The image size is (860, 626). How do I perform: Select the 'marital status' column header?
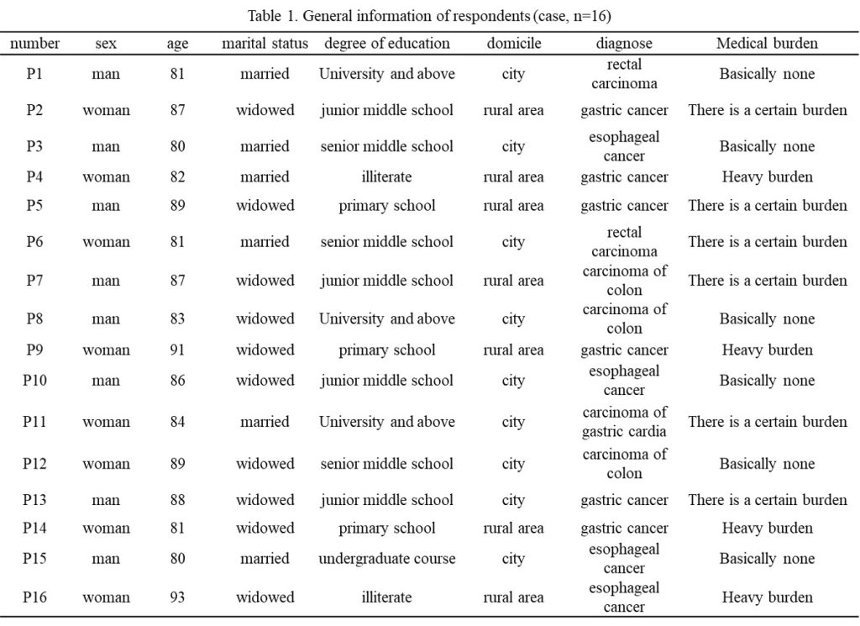point(265,44)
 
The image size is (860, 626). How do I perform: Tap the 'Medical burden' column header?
point(767,44)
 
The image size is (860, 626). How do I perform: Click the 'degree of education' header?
point(386,44)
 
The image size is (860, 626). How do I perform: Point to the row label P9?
point(34,350)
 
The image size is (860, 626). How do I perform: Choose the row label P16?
point(34,597)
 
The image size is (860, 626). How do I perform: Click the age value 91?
point(177,350)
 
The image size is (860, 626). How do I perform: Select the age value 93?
point(177,597)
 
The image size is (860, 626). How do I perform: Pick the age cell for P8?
point(177,318)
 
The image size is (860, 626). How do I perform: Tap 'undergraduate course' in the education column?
point(386,559)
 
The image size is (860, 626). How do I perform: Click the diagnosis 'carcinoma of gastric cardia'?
point(624,421)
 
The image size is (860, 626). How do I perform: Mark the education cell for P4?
point(386,176)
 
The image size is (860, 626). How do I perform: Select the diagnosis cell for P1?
point(624,73)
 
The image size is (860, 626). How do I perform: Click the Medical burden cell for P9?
point(767,350)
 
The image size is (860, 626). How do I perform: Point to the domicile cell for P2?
point(513,110)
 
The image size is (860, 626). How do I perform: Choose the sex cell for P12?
point(106,464)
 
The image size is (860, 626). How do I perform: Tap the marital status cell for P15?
point(265,559)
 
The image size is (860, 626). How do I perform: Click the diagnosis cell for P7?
point(624,281)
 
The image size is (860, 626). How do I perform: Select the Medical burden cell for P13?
point(768,500)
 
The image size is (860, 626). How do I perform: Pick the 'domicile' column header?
point(513,44)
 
